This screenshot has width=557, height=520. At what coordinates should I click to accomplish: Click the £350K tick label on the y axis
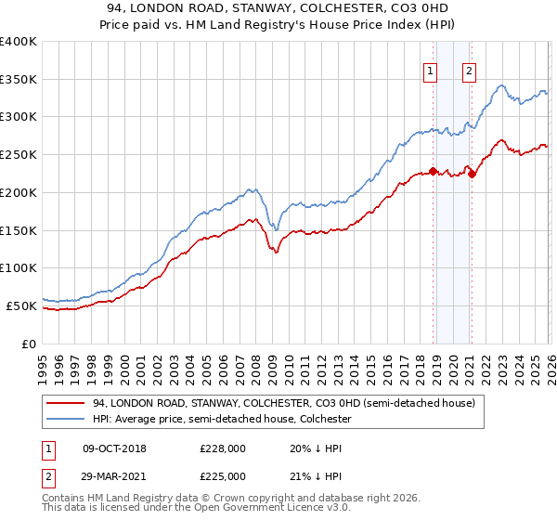(19, 80)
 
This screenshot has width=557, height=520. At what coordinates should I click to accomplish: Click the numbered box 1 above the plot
(432, 71)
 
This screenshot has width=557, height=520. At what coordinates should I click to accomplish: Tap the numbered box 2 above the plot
(470, 71)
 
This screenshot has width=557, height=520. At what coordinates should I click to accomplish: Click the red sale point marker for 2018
(433, 171)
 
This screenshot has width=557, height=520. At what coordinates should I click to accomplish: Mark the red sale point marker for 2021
(473, 174)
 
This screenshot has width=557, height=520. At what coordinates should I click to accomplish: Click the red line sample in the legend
(67, 403)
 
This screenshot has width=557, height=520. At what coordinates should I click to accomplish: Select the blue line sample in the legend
(67, 420)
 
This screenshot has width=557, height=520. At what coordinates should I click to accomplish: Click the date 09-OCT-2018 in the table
(115, 448)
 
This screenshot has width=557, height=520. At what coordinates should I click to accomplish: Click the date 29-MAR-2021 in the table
(115, 475)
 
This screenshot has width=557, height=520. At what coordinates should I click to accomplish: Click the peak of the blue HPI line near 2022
(501, 85)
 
